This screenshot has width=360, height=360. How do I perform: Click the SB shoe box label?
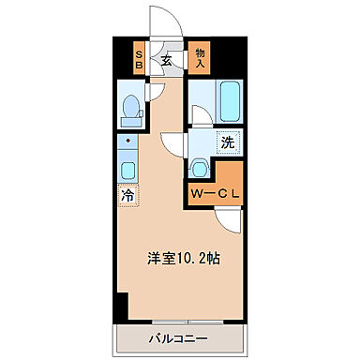(139, 61)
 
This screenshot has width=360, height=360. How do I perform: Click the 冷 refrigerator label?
(126, 196)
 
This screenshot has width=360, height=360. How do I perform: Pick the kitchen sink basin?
(127, 170)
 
